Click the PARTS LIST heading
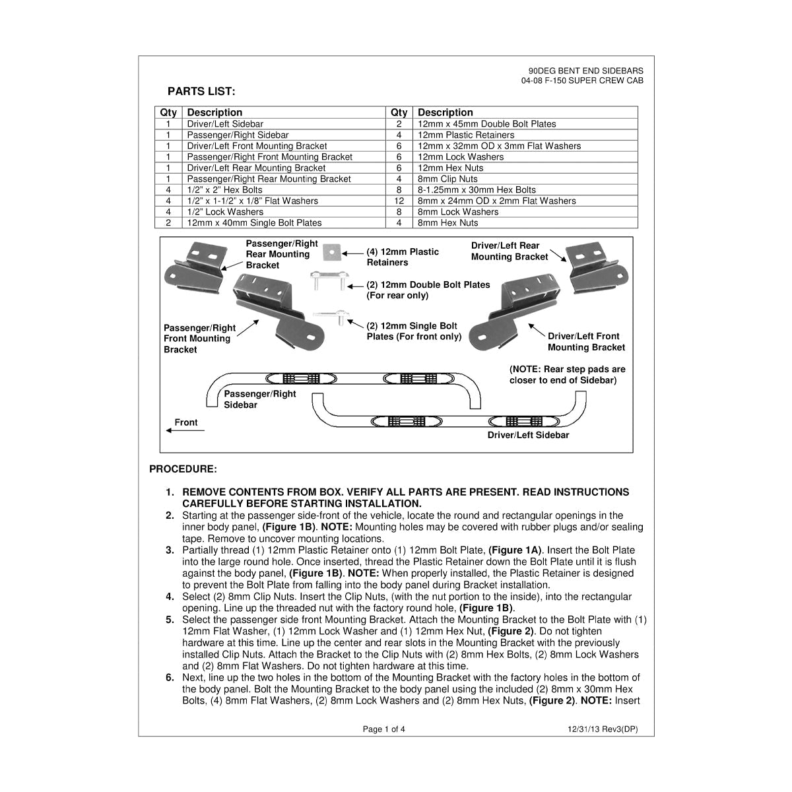point(201,91)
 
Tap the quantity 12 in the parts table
point(399,201)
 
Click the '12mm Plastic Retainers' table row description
point(466,135)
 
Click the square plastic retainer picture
point(331,252)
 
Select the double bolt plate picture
point(329,280)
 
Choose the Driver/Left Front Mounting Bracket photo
point(515,314)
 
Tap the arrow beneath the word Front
point(185,430)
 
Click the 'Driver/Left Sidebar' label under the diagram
point(528,435)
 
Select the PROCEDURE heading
point(183,469)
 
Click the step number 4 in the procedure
point(170,597)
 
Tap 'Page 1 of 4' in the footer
point(384,729)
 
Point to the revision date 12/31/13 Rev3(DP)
point(603,729)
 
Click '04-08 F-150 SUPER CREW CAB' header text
point(582,81)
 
